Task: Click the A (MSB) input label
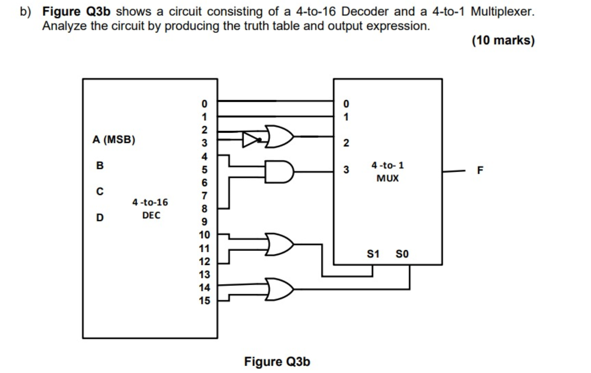tap(114, 140)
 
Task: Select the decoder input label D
tap(100, 217)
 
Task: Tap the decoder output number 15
tap(204, 301)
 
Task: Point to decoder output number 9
tap(204, 222)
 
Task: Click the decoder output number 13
tap(204, 274)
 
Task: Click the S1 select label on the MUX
tap(373, 254)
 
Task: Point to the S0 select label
tap(402, 254)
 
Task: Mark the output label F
tap(480, 170)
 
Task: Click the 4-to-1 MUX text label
tap(387, 172)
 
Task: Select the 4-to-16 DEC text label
tap(150, 209)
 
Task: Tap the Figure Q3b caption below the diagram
tap(277, 361)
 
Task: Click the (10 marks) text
tap(503, 40)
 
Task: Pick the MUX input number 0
tap(346, 104)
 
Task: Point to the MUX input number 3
tap(346, 170)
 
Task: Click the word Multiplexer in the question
tap(502, 12)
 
